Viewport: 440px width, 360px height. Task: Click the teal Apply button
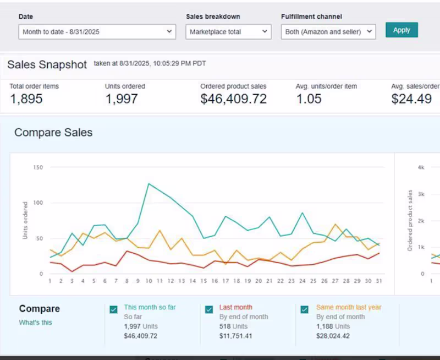coord(402,30)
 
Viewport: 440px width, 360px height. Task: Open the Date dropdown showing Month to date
coord(97,32)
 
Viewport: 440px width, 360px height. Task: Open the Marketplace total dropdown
coord(228,32)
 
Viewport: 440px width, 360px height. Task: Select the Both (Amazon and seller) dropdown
coord(328,32)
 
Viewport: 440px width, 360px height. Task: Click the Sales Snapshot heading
coord(47,64)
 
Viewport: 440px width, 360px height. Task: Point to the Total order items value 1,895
coord(26,99)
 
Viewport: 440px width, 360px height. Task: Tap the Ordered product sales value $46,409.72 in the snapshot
coord(233,99)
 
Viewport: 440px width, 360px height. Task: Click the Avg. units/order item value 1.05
coord(309,99)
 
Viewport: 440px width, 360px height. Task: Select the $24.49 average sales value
coord(411,99)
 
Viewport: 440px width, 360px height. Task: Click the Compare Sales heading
coord(53,133)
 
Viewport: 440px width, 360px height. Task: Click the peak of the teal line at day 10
coord(148,184)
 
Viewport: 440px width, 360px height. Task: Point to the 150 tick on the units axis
coord(38,167)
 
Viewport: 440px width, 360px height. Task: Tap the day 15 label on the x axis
coord(204,281)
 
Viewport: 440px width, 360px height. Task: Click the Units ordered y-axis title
coord(25,220)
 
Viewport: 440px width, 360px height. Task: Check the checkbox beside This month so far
coord(113,309)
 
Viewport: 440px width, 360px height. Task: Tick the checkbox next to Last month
coord(209,309)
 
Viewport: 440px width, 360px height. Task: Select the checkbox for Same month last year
coord(305,309)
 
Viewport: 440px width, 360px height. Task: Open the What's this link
coord(35,323)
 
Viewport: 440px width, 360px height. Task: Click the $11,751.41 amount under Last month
coord(236,336)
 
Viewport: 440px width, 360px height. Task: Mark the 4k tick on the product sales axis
coord(421,167)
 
